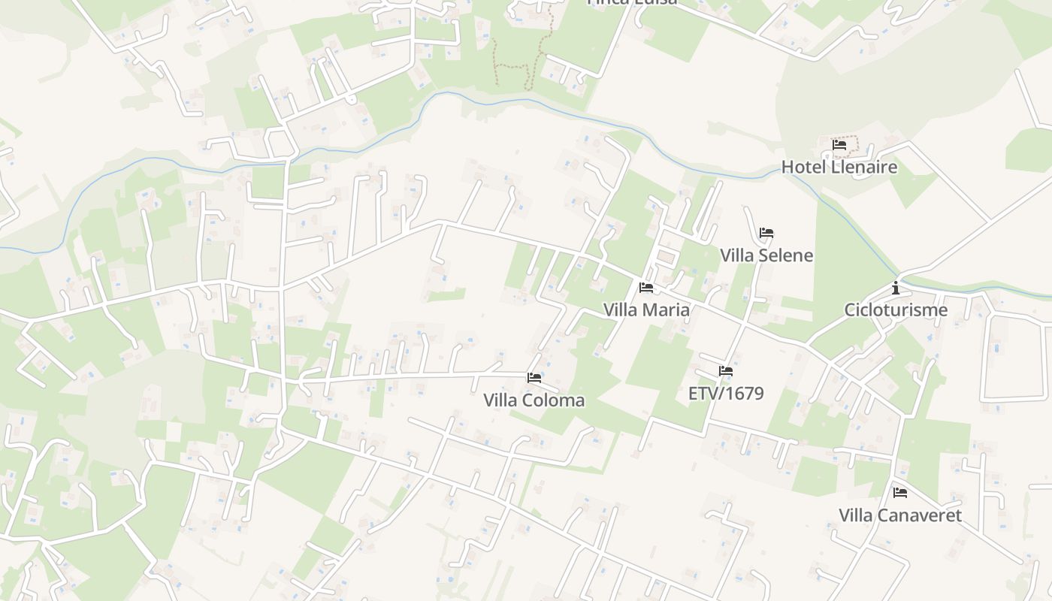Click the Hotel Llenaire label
point(839,167)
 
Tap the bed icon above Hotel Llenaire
point(839,144)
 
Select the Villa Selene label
point(766,255)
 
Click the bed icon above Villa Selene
point(766,233)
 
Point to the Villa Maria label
point(646,310)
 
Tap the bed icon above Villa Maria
point(646,287)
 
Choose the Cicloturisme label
point(896,310)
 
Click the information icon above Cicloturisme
point(896,287)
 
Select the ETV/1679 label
point(726,393)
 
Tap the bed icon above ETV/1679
point(726,370)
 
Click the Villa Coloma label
point(534,400)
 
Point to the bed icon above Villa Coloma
point(534,377)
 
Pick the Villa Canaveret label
point(900,515)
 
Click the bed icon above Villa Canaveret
point(900,493)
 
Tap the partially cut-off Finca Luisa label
point(632,2)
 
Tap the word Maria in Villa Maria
point(667,310)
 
